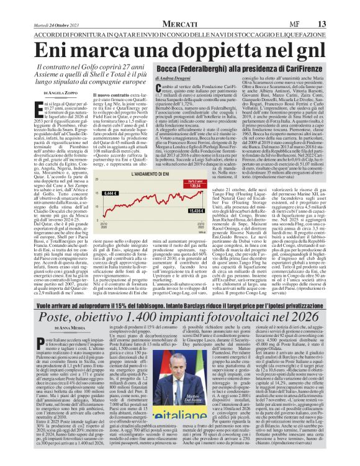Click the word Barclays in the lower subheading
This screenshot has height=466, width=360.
click(x=197, y=290)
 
